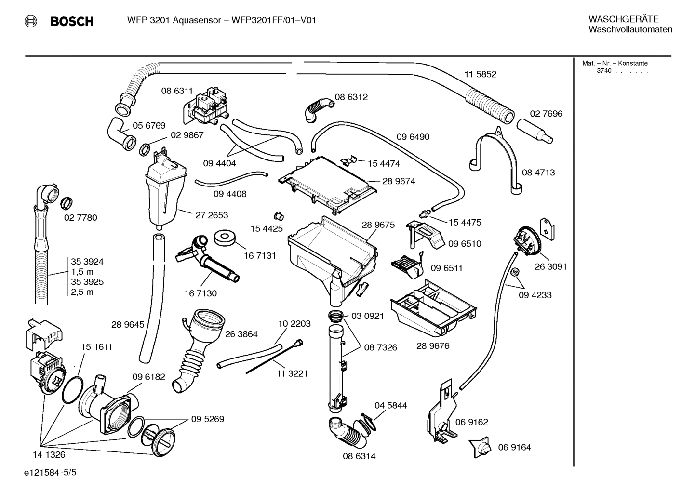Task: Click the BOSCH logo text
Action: (71, 21)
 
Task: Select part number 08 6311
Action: (177, 91)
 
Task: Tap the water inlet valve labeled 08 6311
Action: (209, 106)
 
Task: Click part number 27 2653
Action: (212, 215)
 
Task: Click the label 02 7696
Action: (546, 114)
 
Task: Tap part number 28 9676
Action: (432, 346)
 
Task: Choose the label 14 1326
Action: (49, 454)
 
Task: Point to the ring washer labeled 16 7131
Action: (225, 238)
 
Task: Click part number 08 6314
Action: (359, 456)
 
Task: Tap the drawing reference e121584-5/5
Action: (50, 473)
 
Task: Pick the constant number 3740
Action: (603, 71)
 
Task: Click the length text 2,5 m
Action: (82, 292)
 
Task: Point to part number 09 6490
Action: (413, 137)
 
